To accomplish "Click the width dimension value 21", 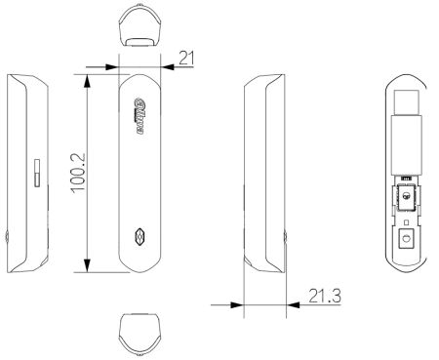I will pos(186,59).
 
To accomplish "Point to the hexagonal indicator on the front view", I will pos(139,236).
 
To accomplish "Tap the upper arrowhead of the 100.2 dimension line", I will pos(88,76).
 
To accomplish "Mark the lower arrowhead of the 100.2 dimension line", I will pos(88,266).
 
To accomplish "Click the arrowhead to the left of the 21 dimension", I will pos(110,67).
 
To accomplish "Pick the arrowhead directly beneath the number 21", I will pos(167,67).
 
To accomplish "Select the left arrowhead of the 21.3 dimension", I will pos(236,304).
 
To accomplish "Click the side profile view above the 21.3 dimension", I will pos(263,171).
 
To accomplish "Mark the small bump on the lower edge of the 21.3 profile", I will pos(285,237).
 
